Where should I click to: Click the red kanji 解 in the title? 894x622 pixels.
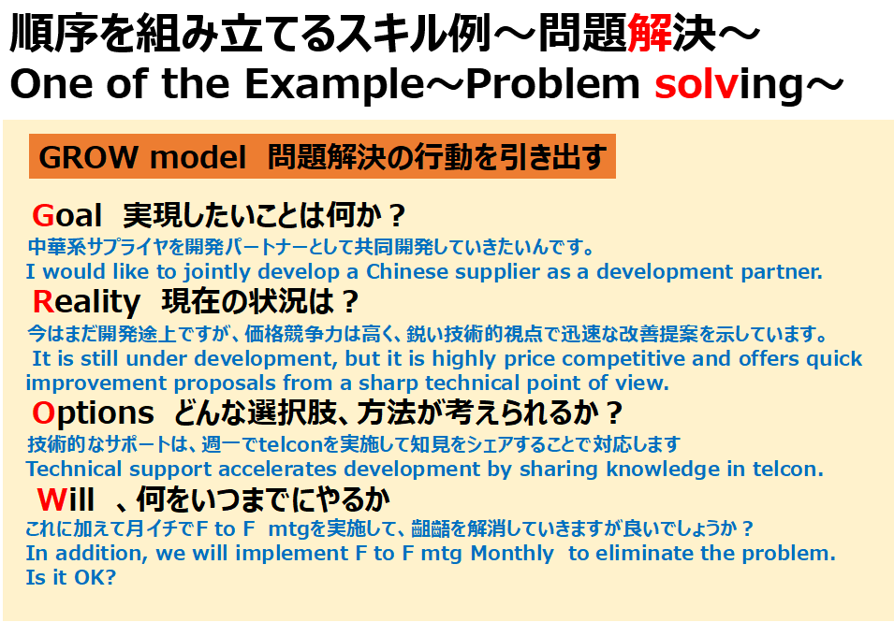pyautogui.click(x=650, y=33)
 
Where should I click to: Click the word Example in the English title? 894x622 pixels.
pyautogui.click(x=335, y=84)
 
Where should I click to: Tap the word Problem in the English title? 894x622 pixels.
pyautogui.click(x=552, y=84)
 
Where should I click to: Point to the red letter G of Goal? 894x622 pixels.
pyautogui.click(x=43, y=215)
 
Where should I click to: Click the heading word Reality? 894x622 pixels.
pyautogui.click(x=86, y=302)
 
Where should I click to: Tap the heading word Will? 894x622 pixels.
pyautogui.click(x=66, y=499)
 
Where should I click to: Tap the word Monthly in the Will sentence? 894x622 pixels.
pyautogui.click(x=511, y=554)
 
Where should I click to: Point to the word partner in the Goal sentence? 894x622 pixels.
pyautogui.click(x=782, y=272)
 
